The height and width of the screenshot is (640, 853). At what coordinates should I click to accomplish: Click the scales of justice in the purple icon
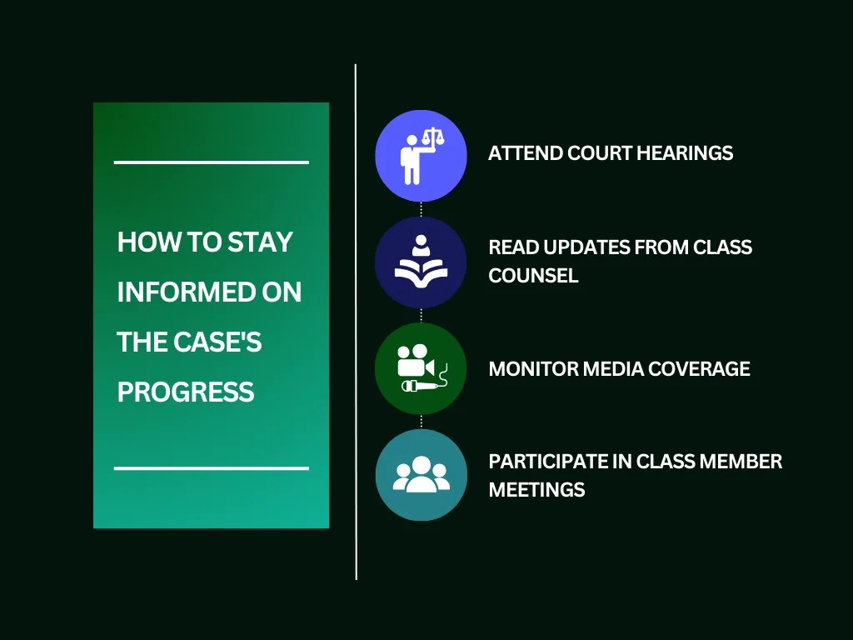click(431, 138)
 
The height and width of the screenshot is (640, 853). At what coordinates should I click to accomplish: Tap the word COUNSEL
click(533, 276)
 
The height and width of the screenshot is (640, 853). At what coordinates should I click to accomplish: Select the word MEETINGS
click(536, 490)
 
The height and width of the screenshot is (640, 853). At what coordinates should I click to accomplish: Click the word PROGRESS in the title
click(186, 392)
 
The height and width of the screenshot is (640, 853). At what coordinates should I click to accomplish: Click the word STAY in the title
click(260, 242)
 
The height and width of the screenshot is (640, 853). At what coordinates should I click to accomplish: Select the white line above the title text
click(211, 162)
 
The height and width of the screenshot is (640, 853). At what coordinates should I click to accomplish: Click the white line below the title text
click(211, 468)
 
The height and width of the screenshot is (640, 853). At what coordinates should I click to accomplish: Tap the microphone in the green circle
click(422, 386)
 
